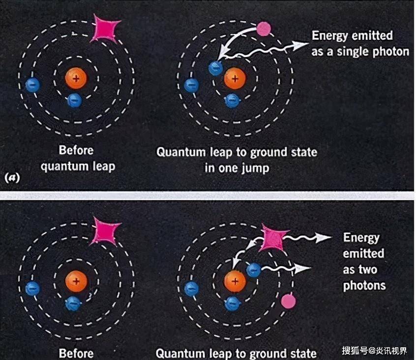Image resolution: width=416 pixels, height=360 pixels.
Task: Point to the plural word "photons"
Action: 364,285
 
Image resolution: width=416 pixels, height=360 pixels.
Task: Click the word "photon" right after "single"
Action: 391,51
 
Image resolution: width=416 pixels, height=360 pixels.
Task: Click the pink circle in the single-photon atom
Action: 264,29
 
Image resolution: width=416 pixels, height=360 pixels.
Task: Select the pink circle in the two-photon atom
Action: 288,300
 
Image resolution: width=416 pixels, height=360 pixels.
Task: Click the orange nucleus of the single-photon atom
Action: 235,77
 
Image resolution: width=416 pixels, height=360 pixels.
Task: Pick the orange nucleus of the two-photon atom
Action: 235,281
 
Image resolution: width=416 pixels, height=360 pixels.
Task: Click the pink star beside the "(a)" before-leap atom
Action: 107,28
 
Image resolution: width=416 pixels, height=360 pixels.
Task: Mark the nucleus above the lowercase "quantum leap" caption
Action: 76,77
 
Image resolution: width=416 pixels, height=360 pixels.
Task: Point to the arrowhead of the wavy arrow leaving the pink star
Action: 324,238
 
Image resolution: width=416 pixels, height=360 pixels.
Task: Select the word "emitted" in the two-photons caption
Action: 363,254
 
